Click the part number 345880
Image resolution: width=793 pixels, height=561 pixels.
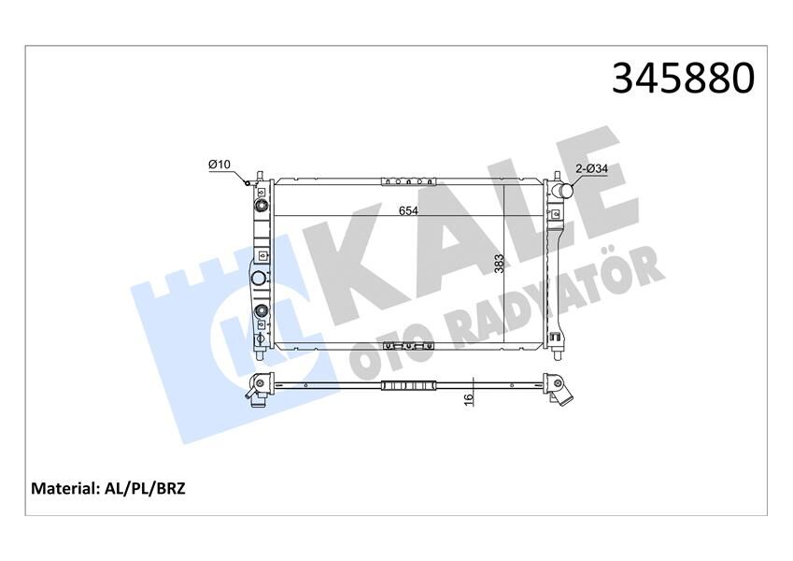coord(682,79)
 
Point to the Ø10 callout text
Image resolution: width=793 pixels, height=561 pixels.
coord(219,165)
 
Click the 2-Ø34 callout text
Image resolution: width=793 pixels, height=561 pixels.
coord(590,168)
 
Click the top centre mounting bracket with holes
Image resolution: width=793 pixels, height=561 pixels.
coord(410,180)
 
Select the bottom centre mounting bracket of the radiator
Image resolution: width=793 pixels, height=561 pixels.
coord(409,347)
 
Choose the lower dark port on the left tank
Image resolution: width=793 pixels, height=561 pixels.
coord(262,312)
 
